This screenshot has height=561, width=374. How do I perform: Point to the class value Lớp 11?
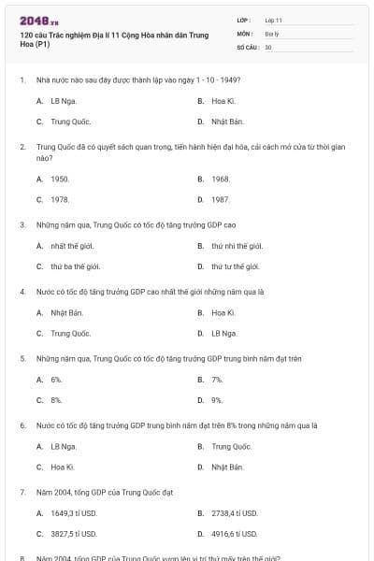tap(274, 19)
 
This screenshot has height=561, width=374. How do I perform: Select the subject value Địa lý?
tap(272, 32)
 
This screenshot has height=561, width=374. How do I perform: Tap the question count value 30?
tap(268, 46)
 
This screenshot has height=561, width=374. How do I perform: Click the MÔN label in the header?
tap(245, 32)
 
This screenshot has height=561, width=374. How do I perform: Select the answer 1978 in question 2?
tap(60, 199)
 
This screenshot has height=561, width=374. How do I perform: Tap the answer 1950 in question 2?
tap(60, 178)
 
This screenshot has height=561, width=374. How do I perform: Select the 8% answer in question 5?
tap(56, 400)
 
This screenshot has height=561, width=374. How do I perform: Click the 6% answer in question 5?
tap(56, 380)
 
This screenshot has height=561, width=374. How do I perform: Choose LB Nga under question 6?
tap(64, 446)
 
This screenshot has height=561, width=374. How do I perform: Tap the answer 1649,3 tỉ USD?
tap(73, 513)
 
